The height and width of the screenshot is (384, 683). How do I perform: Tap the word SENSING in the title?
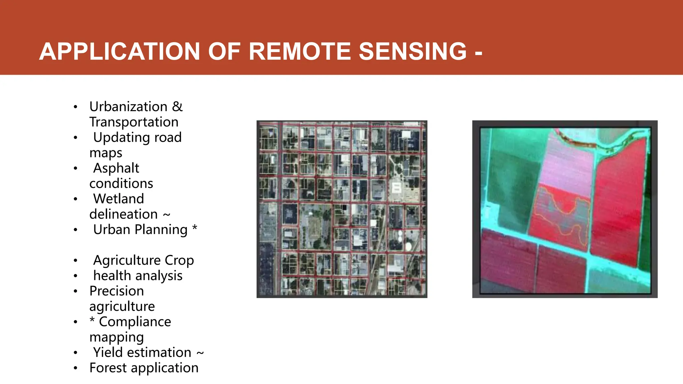tap(413, 52)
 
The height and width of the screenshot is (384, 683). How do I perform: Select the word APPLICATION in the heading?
tap(119, 52)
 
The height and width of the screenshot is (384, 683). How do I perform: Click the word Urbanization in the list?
tap(128, 107)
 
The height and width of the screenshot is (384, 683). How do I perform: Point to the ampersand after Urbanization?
tap(177, 107)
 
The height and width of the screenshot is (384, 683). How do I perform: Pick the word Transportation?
tap(134, 122)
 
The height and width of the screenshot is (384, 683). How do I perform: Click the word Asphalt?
tap(116, 168)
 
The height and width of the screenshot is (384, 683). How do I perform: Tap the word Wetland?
tap(118, 199)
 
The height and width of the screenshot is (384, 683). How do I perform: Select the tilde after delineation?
tap(166, 215)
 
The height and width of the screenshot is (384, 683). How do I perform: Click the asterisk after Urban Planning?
tap(195, 229)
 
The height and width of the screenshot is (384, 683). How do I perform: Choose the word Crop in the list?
tap(179, 260)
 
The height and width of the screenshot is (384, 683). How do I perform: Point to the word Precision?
tap(116, 291)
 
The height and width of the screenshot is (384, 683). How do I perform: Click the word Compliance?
tap(135, 322)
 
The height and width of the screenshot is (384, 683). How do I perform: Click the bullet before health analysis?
tap(76, 276)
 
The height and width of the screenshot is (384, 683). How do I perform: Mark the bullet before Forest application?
tap(76, 368)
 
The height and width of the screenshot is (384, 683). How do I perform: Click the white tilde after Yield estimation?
tap(200, 353)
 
